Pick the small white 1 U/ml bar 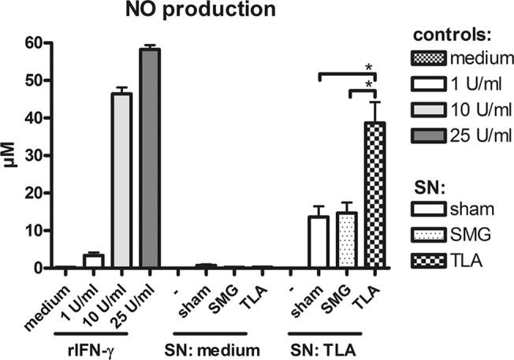[94, 262]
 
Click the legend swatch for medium [430, 59]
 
